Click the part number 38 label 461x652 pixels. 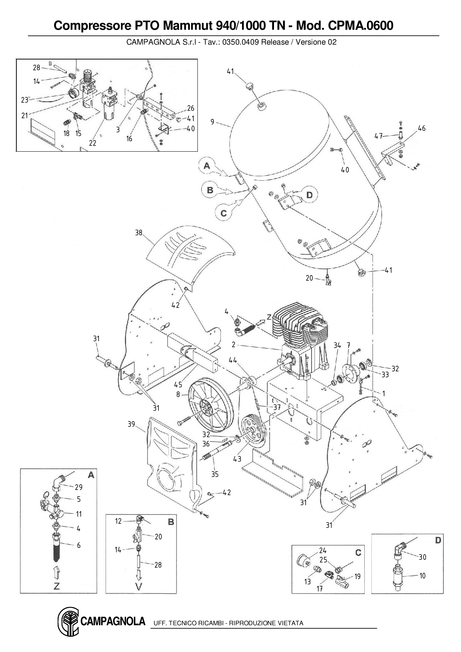[x=139, y=233]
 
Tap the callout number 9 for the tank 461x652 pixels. [x=212, y=122]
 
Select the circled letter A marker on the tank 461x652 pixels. [x=207, y=166]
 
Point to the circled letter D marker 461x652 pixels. [x=309, y=195]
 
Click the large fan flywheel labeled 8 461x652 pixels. [x=210, y=404]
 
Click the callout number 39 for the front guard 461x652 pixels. [x=131, y=424]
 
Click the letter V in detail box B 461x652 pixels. [x=139, y=587]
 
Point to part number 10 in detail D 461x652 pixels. [x=422, y=576]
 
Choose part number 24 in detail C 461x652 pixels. [x=323, y=551]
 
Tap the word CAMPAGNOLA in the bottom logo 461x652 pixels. [x=113, y=621]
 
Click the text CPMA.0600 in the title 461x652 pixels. [x=361, y=26]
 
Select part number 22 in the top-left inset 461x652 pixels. [x=93, y=143]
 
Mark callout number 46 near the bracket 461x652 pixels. [x=421, y=128]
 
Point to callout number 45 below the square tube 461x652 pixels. [x=178, y=385]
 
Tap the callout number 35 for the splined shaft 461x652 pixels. [x=215, y=474]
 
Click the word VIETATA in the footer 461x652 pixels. [x=290, y=623]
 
